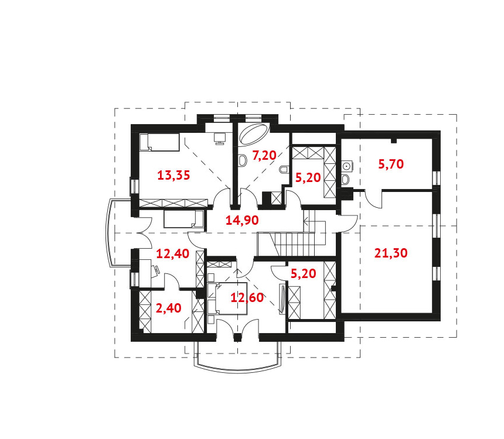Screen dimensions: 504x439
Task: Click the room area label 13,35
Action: (x=173, y=176)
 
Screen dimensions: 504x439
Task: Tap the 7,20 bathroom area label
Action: (x=264, y=156)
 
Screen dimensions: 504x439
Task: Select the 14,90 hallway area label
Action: (x=242, y=220)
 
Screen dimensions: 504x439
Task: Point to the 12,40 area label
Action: (x=173, y=253)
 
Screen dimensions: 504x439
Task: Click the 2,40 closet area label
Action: (x=168, y=308)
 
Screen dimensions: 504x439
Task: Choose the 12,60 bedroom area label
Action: (x=247, y=297)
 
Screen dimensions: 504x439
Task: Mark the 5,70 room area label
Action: (x=391, y=164)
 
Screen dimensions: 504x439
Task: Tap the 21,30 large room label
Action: (x=391, y=253)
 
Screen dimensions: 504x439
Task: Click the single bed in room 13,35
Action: (x=159, y=142)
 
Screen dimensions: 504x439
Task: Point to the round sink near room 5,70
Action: (x=346, y=166)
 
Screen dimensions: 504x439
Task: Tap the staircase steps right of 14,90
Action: (x=293, y=244)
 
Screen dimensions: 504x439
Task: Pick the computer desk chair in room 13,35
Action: (x=220, y=138)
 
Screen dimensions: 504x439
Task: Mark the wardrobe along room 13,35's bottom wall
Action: (x=173, y=203)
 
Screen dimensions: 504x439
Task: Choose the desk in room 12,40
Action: (x=144, y=273)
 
